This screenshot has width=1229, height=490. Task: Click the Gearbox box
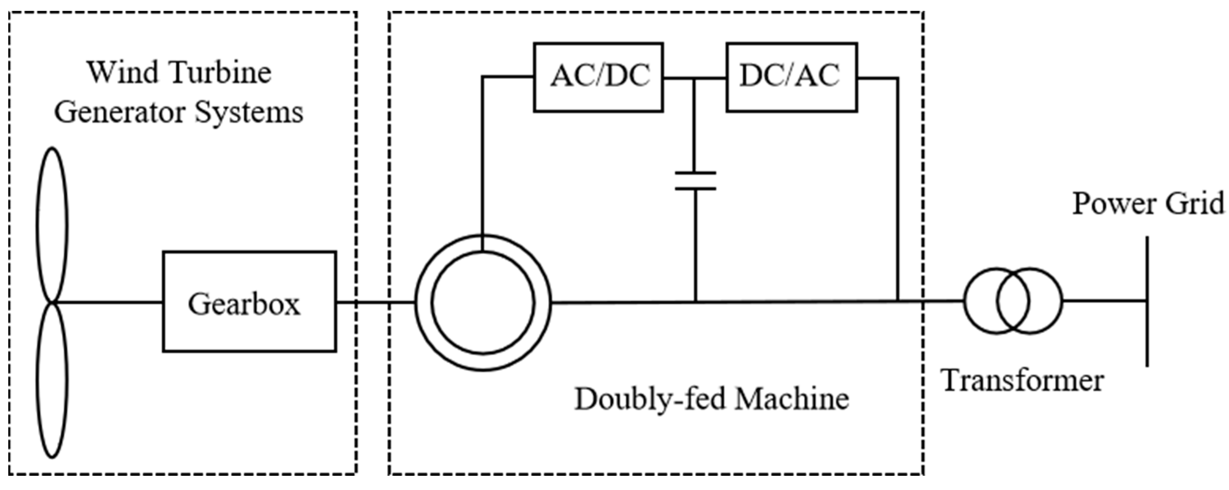pyautogui.click(x=249, y=302)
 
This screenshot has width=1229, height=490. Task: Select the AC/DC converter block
pyautogui.click(x=598, y=77)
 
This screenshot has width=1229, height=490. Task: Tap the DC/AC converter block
pyautogui.click(x=791, y=77)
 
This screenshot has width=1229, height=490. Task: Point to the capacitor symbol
pyautogui.click(x=695, y=181)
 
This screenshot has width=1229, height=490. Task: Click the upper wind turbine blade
pyautogui.click(x=52, y=224)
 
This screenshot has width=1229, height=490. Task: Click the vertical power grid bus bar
pyautogui.click(x=1147, y=301)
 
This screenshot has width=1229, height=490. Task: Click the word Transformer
pyautogui.click(x=1023, y=381)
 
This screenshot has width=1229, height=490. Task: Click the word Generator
pyautogui.click(x=119, y=112)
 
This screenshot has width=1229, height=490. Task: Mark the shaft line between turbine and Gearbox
pyautogui.click(x=107, y=302)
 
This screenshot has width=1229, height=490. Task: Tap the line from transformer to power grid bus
pyautogui.click(x=1104, y=301)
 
